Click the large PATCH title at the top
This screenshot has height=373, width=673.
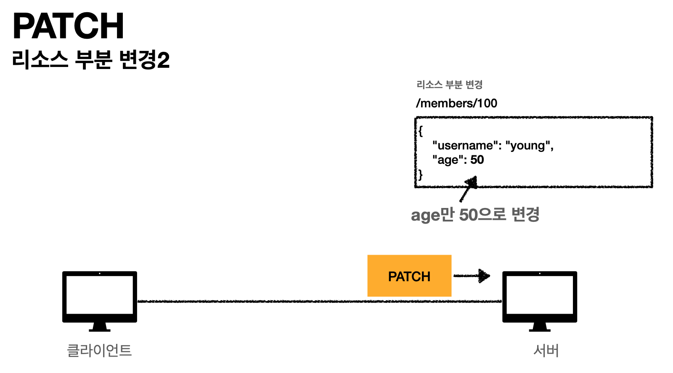pyautogui.click(x=68, y=26)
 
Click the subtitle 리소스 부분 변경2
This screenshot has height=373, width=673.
pyautogui.click(x=91, y=60)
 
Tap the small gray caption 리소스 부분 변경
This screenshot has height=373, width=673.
pyautogui.click(x=449, y=85)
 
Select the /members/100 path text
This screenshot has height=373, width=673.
pyautogui.click(x=456, y=103)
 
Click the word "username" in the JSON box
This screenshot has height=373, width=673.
pyautogui.click(x=465, y=146)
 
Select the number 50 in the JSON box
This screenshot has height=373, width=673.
pyautogui.click(x=477, y=160)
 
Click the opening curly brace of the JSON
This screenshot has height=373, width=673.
pyautogui.click(x=420, y=131)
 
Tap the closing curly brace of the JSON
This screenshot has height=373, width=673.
pyautogui.click(x=420, y=174)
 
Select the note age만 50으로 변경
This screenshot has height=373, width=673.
pyautogui.click(x=475, y=215)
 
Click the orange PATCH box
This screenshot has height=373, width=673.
pyautogui.click(x=409, y=276)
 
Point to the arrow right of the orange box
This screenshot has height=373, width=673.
pyautogui.click(x=472, y=276)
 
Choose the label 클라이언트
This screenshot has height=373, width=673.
pyautogui.click(x=99, y=350)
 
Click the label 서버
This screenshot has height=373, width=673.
pyautogui.click(x=546, y=350)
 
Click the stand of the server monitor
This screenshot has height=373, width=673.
pyautogui.click(x=540, y=327)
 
